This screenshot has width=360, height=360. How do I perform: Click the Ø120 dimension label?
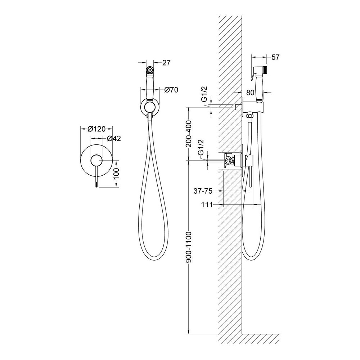(x=96, y=129)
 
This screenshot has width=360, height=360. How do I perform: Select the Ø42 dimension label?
(x=114, y=139)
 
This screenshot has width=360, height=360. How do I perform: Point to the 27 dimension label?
(x=166, y=62)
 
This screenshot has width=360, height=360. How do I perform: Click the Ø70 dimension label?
(x=171, y=90)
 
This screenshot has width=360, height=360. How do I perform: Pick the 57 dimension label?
(x=275, y=57)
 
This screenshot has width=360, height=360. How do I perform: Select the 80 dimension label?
(x=250, y=93)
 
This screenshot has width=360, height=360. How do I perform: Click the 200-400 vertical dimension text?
(x=189, y=134)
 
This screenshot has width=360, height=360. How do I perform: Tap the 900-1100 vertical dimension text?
(x=189, y=247)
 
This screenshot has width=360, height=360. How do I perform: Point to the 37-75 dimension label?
(x=203, y=191)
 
